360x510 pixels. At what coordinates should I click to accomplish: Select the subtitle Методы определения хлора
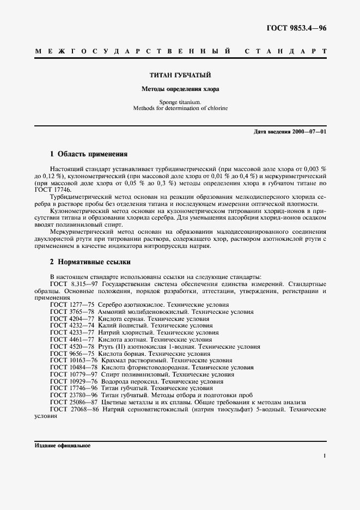coord(180,88)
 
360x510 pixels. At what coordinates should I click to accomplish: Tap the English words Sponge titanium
coord(180,102)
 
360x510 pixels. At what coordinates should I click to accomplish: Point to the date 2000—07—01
coord(309,132)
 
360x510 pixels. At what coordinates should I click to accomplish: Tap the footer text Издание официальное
coord(63,446)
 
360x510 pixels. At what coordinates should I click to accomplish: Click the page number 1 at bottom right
coord(324,456)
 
